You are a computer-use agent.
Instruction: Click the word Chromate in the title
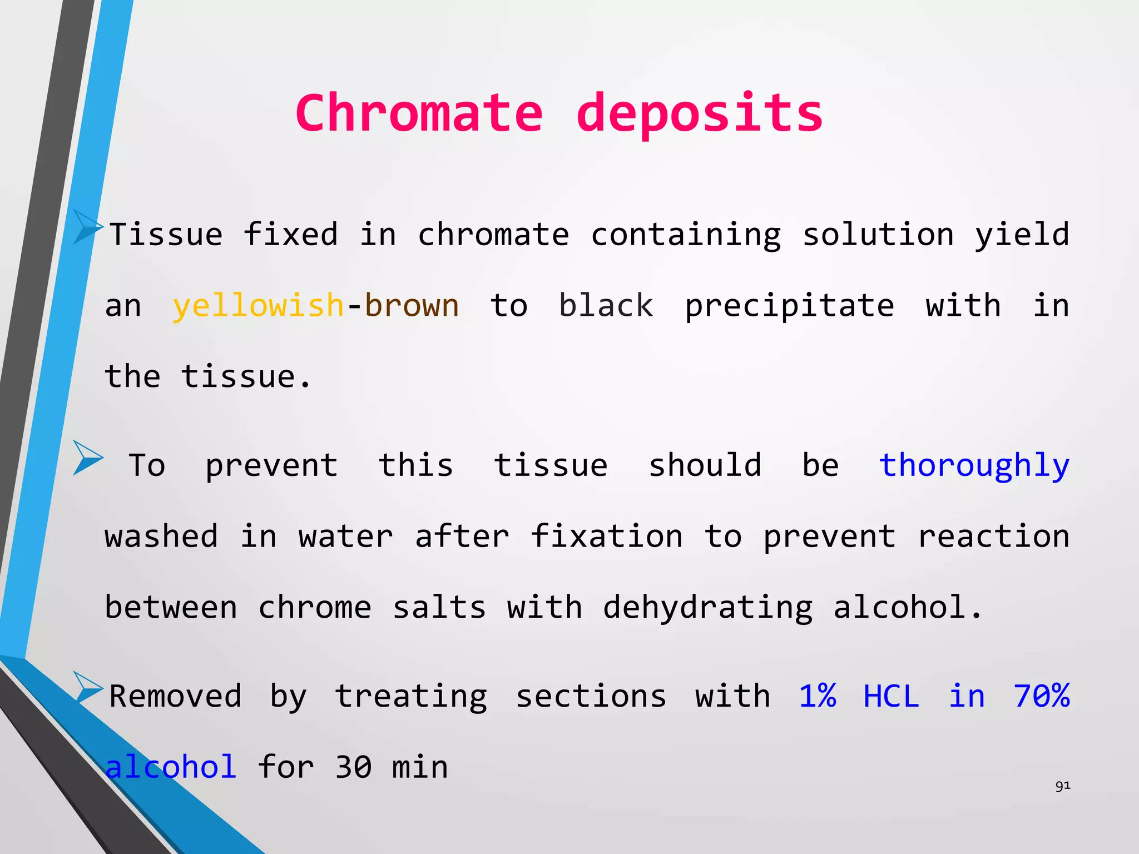click(x=419, y=113)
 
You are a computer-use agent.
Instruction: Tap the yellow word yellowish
click(x=258, y=305)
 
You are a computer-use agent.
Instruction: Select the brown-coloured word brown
click(x=412, y=305)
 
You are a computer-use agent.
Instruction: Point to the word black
click(x=606, y=305)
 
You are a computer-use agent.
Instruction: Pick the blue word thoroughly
click(x=974, y=466)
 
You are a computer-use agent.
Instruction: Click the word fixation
click(x=606, y=536)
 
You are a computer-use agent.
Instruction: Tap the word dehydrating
click(x=707, y=608)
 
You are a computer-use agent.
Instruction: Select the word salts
click(x=439, y=607)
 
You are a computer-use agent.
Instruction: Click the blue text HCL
click(x=891, y=696)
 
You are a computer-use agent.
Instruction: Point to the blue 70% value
click(x=1041, y=696)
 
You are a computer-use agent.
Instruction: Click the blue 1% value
click(x=817, y=696)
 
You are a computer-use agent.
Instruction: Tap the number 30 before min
click(x=353, y=767)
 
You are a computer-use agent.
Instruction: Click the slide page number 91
click(x=1063, y=786)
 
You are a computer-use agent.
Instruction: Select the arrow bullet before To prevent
click(x=87, y=458)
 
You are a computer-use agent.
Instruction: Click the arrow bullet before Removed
click(x=87, y=687)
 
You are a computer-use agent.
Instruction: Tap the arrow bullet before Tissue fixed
click(x=87, y=226)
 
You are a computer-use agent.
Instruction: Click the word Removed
click(x=175, y=696)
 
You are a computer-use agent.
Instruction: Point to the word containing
click(x=686, y=235)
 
